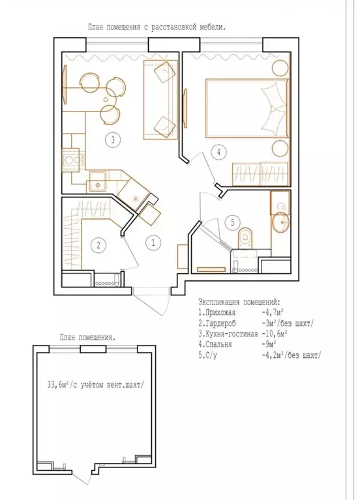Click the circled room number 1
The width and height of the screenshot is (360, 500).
(153, 243)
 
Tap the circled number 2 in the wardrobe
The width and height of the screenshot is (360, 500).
(98, 245)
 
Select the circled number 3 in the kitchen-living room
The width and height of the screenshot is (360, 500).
(113, 140)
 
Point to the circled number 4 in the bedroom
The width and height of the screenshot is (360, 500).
(218, 152)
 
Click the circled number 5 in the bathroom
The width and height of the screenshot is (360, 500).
(232, 222)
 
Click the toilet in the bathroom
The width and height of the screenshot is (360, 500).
(246, 237)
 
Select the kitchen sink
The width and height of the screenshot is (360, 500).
(97, 182)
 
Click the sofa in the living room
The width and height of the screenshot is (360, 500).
(160, 100)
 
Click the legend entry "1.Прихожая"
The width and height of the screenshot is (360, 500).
(217, 313)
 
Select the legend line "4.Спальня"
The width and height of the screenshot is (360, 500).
(215, 344)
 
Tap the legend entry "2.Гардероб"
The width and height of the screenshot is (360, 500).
(217, 323)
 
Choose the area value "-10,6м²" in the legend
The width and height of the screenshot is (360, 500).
(274, 334)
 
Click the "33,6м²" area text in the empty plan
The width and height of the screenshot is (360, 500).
(58, 385)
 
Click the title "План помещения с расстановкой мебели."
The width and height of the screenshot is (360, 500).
(157, 27)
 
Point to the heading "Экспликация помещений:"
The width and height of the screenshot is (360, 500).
(240, 302)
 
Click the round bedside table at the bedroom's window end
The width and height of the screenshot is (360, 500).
(280, 68)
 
